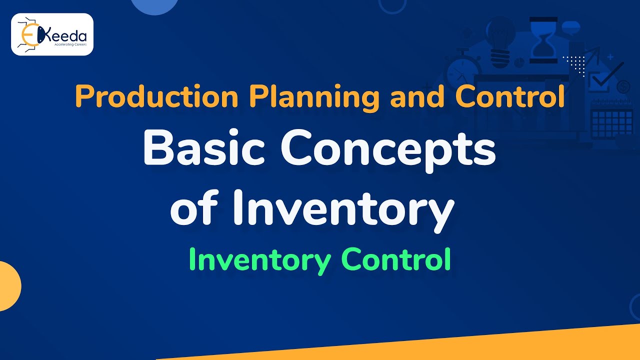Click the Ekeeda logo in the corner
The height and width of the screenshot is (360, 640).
coord(52,34)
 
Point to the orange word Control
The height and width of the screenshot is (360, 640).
coord(510,96)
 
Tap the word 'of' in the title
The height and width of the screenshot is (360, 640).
coord(197,206)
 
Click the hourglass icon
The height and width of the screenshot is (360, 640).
coord(543,40)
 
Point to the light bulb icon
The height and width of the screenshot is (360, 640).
coord(500,42)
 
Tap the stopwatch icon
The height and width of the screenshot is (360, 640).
coord(462,72)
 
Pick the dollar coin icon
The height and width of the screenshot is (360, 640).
coord(623,87)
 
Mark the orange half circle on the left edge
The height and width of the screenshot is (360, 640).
coord(9,286)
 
